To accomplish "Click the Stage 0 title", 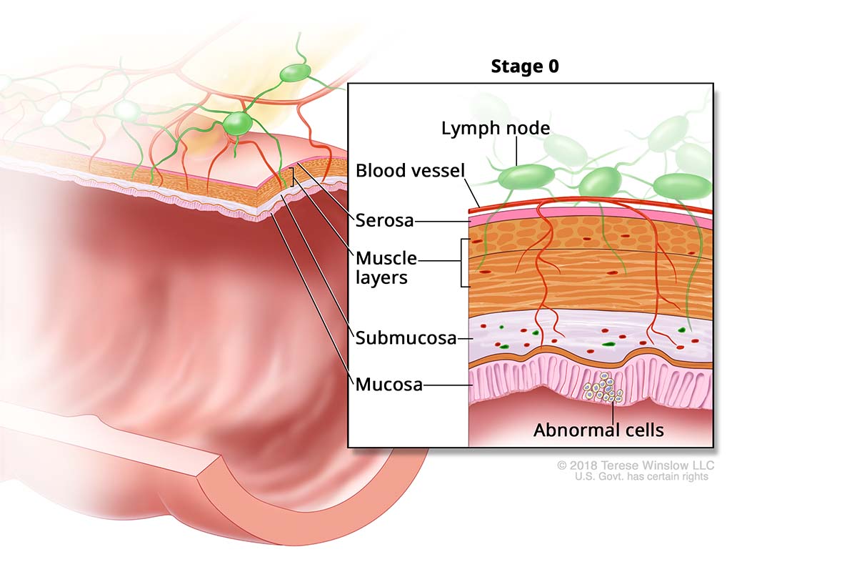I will tap(525, 67).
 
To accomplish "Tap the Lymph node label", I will tap(496, 129).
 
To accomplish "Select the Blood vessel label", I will tap(410, 171).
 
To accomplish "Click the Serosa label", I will tap(384, 221).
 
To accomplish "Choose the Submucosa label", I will tap(406, 338).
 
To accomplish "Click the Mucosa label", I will tap(389, 385).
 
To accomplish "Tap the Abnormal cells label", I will tap(599, 430).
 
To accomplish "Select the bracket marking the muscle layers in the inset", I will tap(464, 262).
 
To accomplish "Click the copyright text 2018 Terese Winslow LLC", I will tap(636, 465).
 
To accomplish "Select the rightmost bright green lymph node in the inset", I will tap(683, 186).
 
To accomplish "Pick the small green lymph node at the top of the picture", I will tap(295, 72).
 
